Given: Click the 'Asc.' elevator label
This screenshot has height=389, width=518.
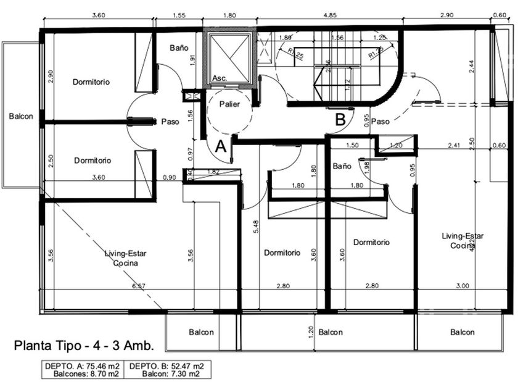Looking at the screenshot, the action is (219, 78).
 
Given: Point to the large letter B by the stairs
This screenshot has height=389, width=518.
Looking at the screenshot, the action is (340, 119).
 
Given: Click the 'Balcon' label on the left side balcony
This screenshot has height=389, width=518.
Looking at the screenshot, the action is (21, 115).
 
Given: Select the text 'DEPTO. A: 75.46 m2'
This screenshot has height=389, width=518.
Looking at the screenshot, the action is (82, 366).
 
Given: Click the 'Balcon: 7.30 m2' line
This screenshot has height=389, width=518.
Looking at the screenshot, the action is (170, 374).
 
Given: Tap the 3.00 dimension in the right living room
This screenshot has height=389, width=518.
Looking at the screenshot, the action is (462, 286).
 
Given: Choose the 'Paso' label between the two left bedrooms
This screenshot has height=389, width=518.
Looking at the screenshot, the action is (170, 122).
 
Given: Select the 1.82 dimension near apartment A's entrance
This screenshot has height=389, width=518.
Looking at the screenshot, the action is (214, 172).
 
